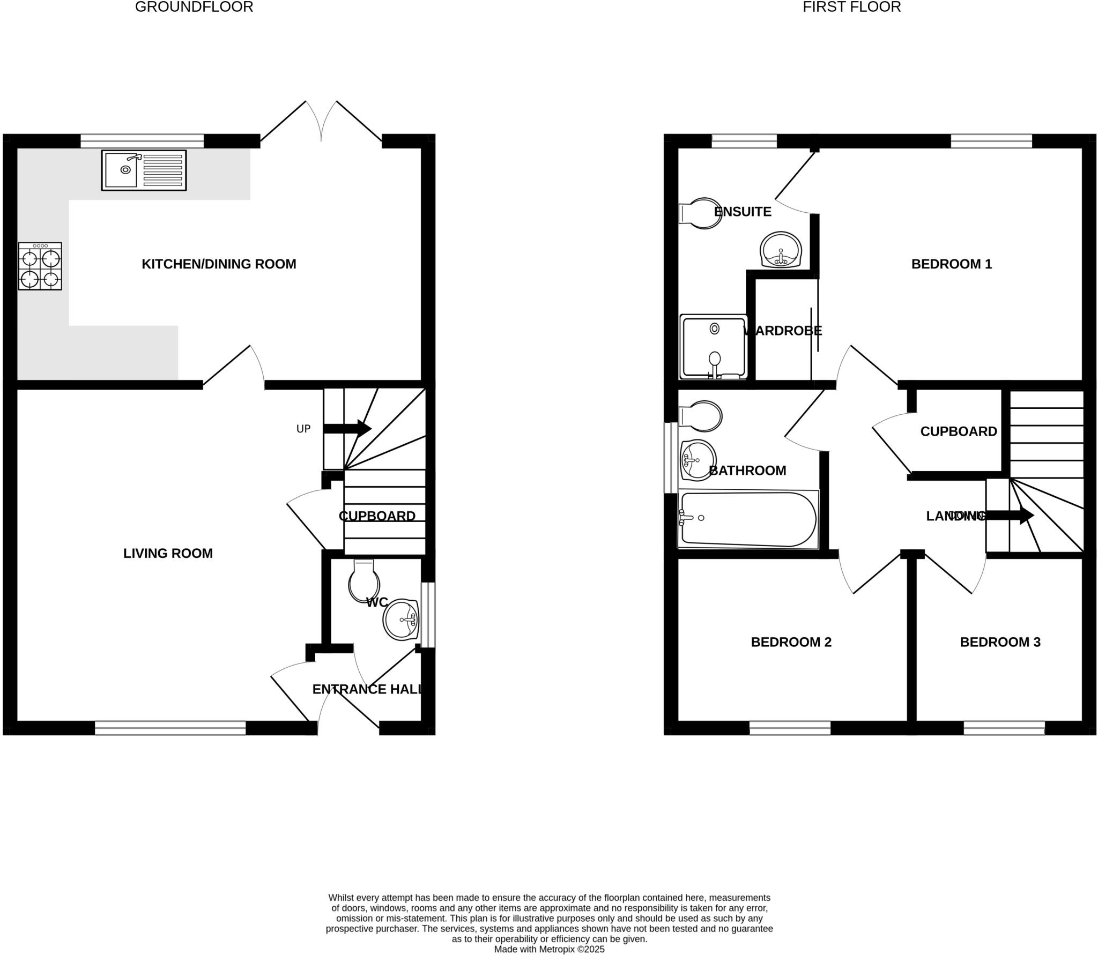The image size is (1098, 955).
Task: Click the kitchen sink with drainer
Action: click(144, 170)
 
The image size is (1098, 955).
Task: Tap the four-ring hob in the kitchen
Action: click(40, 266)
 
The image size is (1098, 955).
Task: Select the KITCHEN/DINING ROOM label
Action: click(219, 264)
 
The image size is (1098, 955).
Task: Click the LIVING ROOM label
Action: click(168, 554)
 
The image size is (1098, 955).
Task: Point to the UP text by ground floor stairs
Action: click(303, 429)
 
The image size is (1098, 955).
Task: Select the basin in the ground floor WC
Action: click(401, 620)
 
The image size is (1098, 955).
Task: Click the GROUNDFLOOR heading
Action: click(194, 7)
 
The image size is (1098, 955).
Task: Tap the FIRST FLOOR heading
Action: click(851, 7)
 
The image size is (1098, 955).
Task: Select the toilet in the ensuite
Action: click(701, 213)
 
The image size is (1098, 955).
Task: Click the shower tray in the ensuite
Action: click(713, 347)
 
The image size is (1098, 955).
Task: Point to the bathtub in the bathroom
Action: click(748, 519)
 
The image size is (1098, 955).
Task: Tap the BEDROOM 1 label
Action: click(952, 264)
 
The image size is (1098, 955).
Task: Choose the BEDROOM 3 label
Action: click(1000, 642)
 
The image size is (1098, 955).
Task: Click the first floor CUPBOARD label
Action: click(959, 431)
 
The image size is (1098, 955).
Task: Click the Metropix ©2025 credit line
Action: click(549, 949)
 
